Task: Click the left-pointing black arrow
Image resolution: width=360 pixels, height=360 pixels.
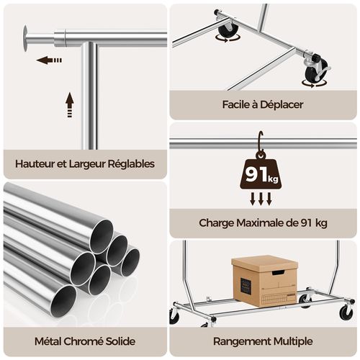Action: pos(50,60)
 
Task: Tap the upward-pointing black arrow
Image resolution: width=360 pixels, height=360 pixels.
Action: pos(69,105)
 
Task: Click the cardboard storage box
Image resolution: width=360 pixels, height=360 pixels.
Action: pos(264,280)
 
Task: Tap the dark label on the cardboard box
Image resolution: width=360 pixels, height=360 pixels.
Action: pos(246,286)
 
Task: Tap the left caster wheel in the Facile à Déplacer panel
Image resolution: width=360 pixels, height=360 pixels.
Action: pos(228,30)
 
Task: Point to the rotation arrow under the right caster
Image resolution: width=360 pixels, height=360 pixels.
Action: pos(315,84)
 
